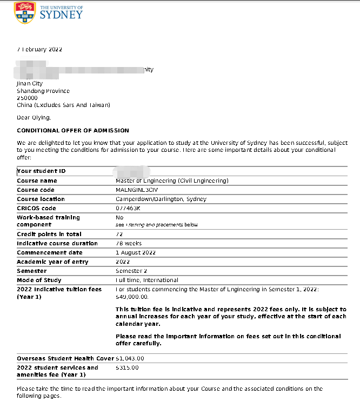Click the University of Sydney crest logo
24,12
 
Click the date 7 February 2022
39,50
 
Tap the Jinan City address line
30,84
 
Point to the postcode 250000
27,98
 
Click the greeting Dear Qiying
34,117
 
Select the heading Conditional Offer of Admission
73,131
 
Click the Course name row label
37,180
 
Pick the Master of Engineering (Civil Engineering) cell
172,180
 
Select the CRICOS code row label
36,208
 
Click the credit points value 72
119,234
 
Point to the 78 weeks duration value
129,243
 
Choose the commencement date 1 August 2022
136,252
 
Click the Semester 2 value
130,271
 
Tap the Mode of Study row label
39,280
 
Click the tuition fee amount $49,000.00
132,297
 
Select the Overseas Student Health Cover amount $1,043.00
130,358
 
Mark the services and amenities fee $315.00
127,367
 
